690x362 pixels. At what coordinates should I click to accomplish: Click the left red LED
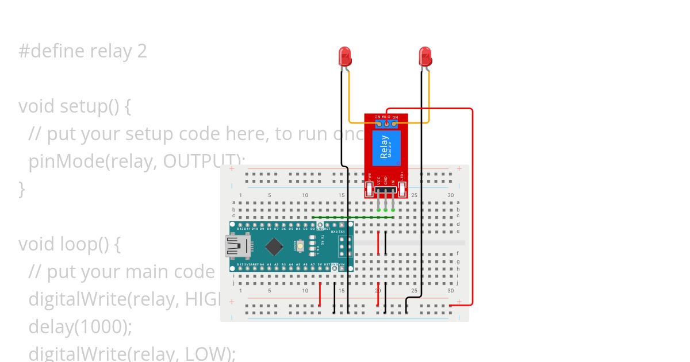click(345, 56)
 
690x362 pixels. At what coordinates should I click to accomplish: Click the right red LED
click(425, 56)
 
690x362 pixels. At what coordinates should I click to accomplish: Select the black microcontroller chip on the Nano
click(274, 247)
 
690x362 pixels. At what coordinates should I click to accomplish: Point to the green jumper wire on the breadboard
click(354, 218)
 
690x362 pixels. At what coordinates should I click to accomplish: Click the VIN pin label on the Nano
click(342, 264)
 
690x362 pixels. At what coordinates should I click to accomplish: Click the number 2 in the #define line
click(142, 51)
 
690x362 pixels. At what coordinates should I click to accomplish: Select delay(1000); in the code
click(80, 326)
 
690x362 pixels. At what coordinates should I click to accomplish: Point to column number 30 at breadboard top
click(450, 195)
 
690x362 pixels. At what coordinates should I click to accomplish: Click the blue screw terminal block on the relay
click(386, 122)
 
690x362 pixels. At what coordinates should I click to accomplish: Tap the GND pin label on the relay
click(386, 180)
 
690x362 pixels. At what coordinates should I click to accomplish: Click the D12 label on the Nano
click(240, 229)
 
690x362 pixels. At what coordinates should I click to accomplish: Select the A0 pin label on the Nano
click(262, 264)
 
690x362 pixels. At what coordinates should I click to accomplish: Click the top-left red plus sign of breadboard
click(232, 169)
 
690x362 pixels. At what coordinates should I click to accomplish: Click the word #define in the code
click(49, 51)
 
